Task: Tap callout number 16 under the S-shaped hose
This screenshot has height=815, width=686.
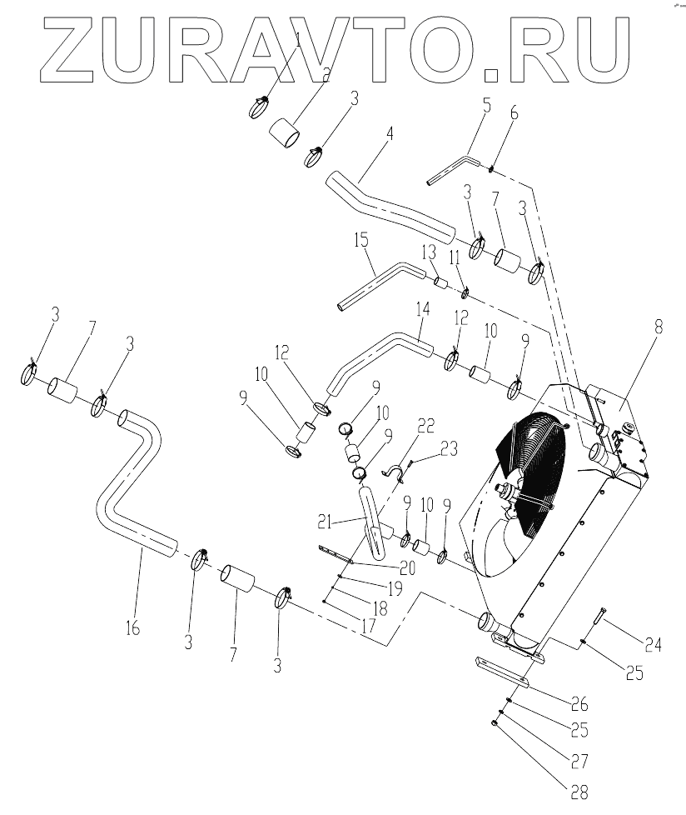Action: (133, 627)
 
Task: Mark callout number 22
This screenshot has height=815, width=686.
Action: (425, 426)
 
